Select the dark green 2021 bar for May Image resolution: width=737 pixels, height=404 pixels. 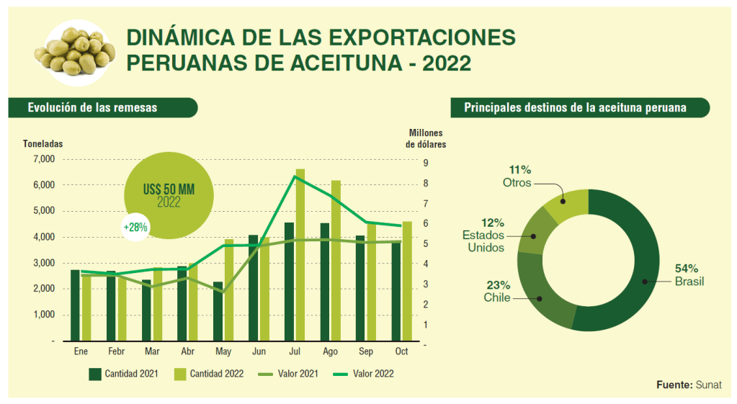[218, 310]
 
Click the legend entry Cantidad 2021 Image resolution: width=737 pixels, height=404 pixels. [122, 374]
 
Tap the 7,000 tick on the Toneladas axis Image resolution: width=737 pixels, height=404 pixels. [44, 159]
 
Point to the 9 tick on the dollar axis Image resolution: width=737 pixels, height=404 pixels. [426, 163]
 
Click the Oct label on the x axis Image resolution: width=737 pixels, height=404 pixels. [401, 351]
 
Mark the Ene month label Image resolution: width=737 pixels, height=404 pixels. [81, 351]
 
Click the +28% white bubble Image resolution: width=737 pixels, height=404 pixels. [135, 226]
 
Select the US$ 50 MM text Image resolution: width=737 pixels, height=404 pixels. [168, 189]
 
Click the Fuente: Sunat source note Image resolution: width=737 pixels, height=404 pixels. [689, 385]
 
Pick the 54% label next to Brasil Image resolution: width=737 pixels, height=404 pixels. [687, 268]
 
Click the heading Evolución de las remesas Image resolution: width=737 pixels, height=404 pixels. [92, 107]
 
